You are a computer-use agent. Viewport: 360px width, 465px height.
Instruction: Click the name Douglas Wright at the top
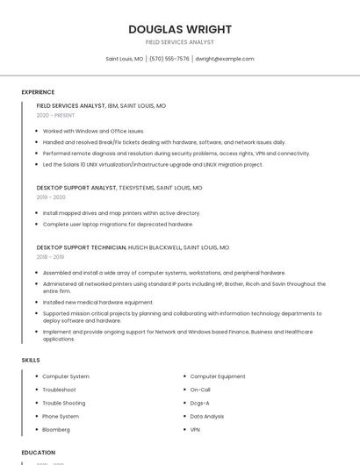coord(180,29)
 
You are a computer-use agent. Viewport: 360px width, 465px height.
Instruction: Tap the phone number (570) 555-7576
coord(169,59)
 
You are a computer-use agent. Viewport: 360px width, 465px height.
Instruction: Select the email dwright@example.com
coord(224,59)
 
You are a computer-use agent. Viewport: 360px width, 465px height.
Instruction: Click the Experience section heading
coord(38,92)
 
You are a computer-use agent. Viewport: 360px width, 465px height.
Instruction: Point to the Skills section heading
coord(31,360)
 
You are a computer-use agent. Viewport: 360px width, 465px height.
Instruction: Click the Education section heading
coord(39,452)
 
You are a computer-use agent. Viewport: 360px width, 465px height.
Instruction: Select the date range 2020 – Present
coord(55,115)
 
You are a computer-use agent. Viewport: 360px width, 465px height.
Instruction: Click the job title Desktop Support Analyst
coord(76,188)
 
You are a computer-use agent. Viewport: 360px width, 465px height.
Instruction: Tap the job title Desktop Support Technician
coord(81,247)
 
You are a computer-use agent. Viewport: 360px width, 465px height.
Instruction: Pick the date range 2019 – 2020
coord(51,197)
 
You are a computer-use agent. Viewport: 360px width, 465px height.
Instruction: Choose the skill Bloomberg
coord(56,430)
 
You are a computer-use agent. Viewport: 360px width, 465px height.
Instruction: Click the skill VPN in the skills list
coord(195,430)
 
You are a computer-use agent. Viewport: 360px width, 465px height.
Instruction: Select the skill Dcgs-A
coord(199,403)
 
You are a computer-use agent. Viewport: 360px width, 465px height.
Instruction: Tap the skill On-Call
coord(200,390)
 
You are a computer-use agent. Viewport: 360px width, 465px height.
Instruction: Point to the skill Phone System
coord(61,416)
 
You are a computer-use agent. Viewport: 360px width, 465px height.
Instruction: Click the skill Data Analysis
coord(207,416)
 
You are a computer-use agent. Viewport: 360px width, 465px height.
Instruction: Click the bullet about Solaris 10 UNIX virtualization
coord(153,164)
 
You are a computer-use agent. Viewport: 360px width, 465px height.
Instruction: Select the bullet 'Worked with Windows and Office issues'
coord(93,131)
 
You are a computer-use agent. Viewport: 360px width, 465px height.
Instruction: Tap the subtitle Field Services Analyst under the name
coord(180,42)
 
